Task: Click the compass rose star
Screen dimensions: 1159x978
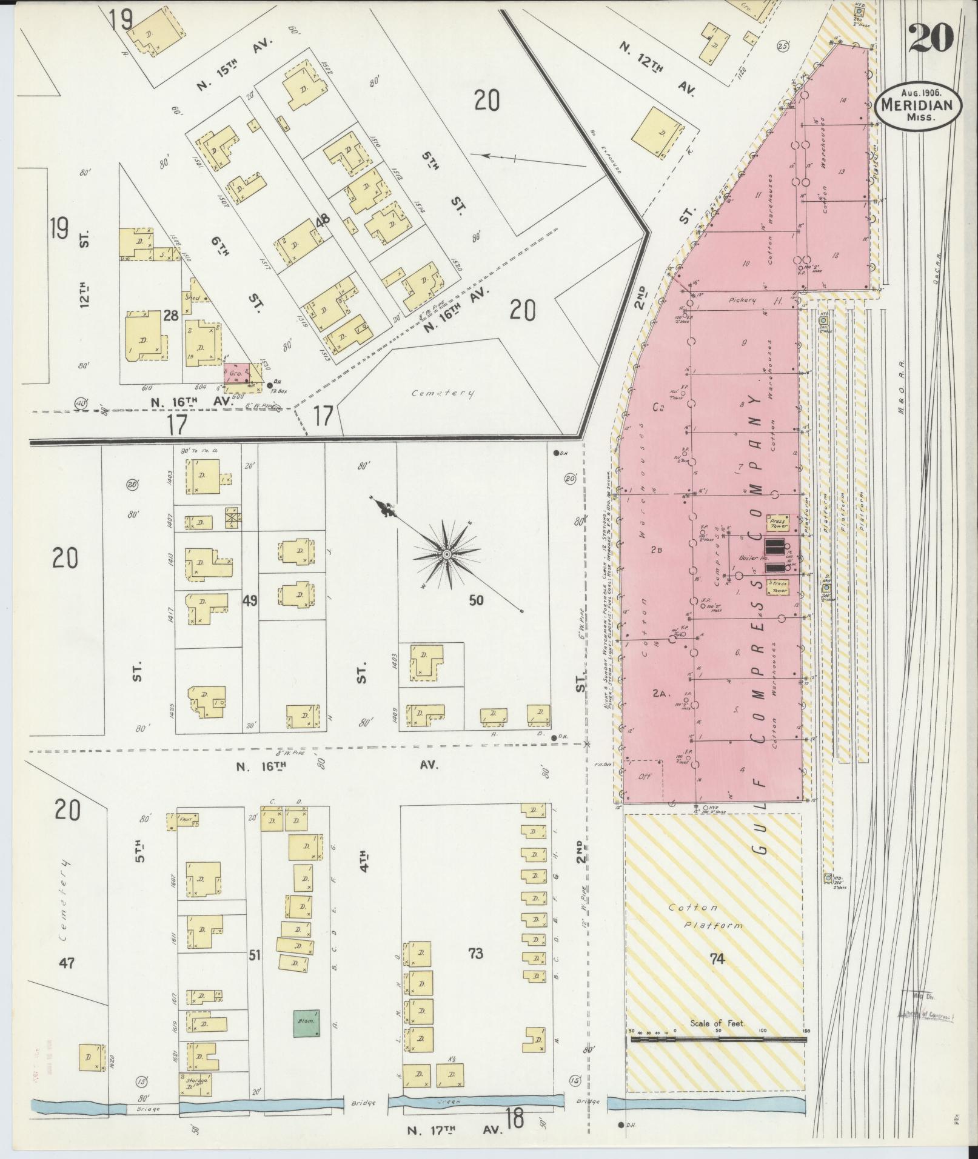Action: pos(446,554)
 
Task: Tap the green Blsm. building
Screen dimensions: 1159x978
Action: pos(307,1023)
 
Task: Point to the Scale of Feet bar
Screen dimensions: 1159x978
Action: pos(718,1040)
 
